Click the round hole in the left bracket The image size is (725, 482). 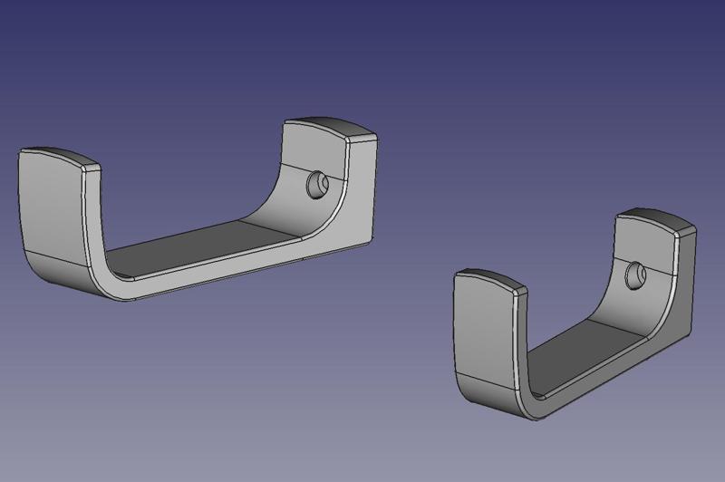317,185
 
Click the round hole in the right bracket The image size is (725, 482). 637,270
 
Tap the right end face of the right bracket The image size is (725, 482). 687,272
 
